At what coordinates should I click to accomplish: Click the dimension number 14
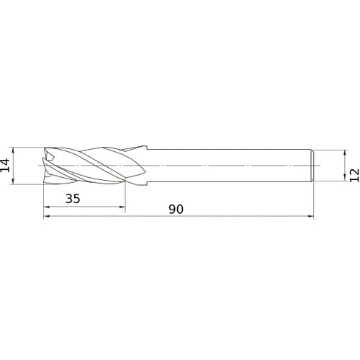(6, 166)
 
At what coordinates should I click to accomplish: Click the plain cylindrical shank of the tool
(230, 166)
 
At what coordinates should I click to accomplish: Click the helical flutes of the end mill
(94, 166)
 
